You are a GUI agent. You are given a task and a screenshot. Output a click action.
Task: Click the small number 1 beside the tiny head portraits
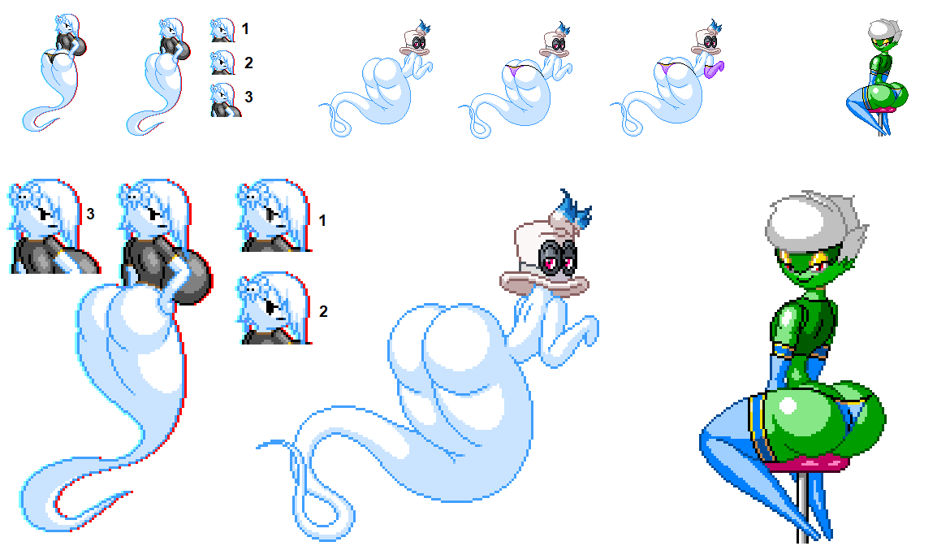click(x=245, y=28)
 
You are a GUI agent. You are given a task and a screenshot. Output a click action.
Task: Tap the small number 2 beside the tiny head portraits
click(x=248, y=63)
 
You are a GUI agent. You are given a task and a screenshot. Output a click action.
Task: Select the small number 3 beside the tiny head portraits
click(x=248, y=96)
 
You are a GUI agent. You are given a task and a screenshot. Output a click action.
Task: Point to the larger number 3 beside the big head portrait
click(x=90, y=214)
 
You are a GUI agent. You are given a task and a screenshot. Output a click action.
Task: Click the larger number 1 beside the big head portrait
click(x=322, y=221)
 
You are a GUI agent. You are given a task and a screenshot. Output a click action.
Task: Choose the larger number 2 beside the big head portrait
click(x=323, y=311)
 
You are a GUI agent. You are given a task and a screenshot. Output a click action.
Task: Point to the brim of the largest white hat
click(x=544, y=284)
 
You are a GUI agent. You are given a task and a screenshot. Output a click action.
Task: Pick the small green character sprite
click(x=878, y=77)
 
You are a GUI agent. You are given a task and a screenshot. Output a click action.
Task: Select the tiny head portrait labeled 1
click(x=223, y=30)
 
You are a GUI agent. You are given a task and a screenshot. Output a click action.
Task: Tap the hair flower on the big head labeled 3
click(x=22, y=195)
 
